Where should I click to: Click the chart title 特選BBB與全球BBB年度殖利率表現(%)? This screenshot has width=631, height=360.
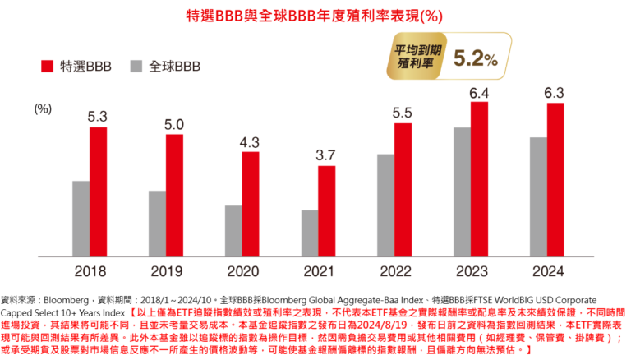coord(315,16)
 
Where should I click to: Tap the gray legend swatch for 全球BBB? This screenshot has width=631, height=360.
coord(135,66)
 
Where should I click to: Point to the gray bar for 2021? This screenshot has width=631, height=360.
coord(309,233)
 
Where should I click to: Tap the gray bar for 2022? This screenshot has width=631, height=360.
coord(385,205)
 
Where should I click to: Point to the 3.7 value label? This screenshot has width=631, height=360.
coord(326,155)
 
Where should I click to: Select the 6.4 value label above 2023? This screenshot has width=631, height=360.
coord(479,92)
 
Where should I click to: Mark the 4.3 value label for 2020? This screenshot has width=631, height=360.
coord(250,141)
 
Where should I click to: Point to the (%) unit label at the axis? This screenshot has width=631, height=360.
coord(44,108)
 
